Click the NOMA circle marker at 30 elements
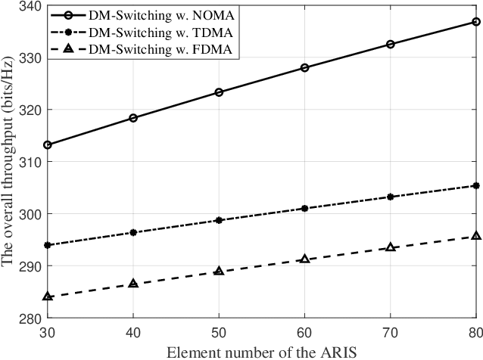pyautogui.click(x=48, y=144)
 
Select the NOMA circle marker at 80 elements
pyautogui.click(x=476, y=22)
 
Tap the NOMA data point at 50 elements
pyautogui.click(x=219, y=92)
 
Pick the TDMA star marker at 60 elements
pyautogui.click(x=304, y=208)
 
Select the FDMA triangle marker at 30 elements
pyautogui.click(x=48, y=296)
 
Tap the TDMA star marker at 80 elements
pyautogui.click(x=476, y=185)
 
